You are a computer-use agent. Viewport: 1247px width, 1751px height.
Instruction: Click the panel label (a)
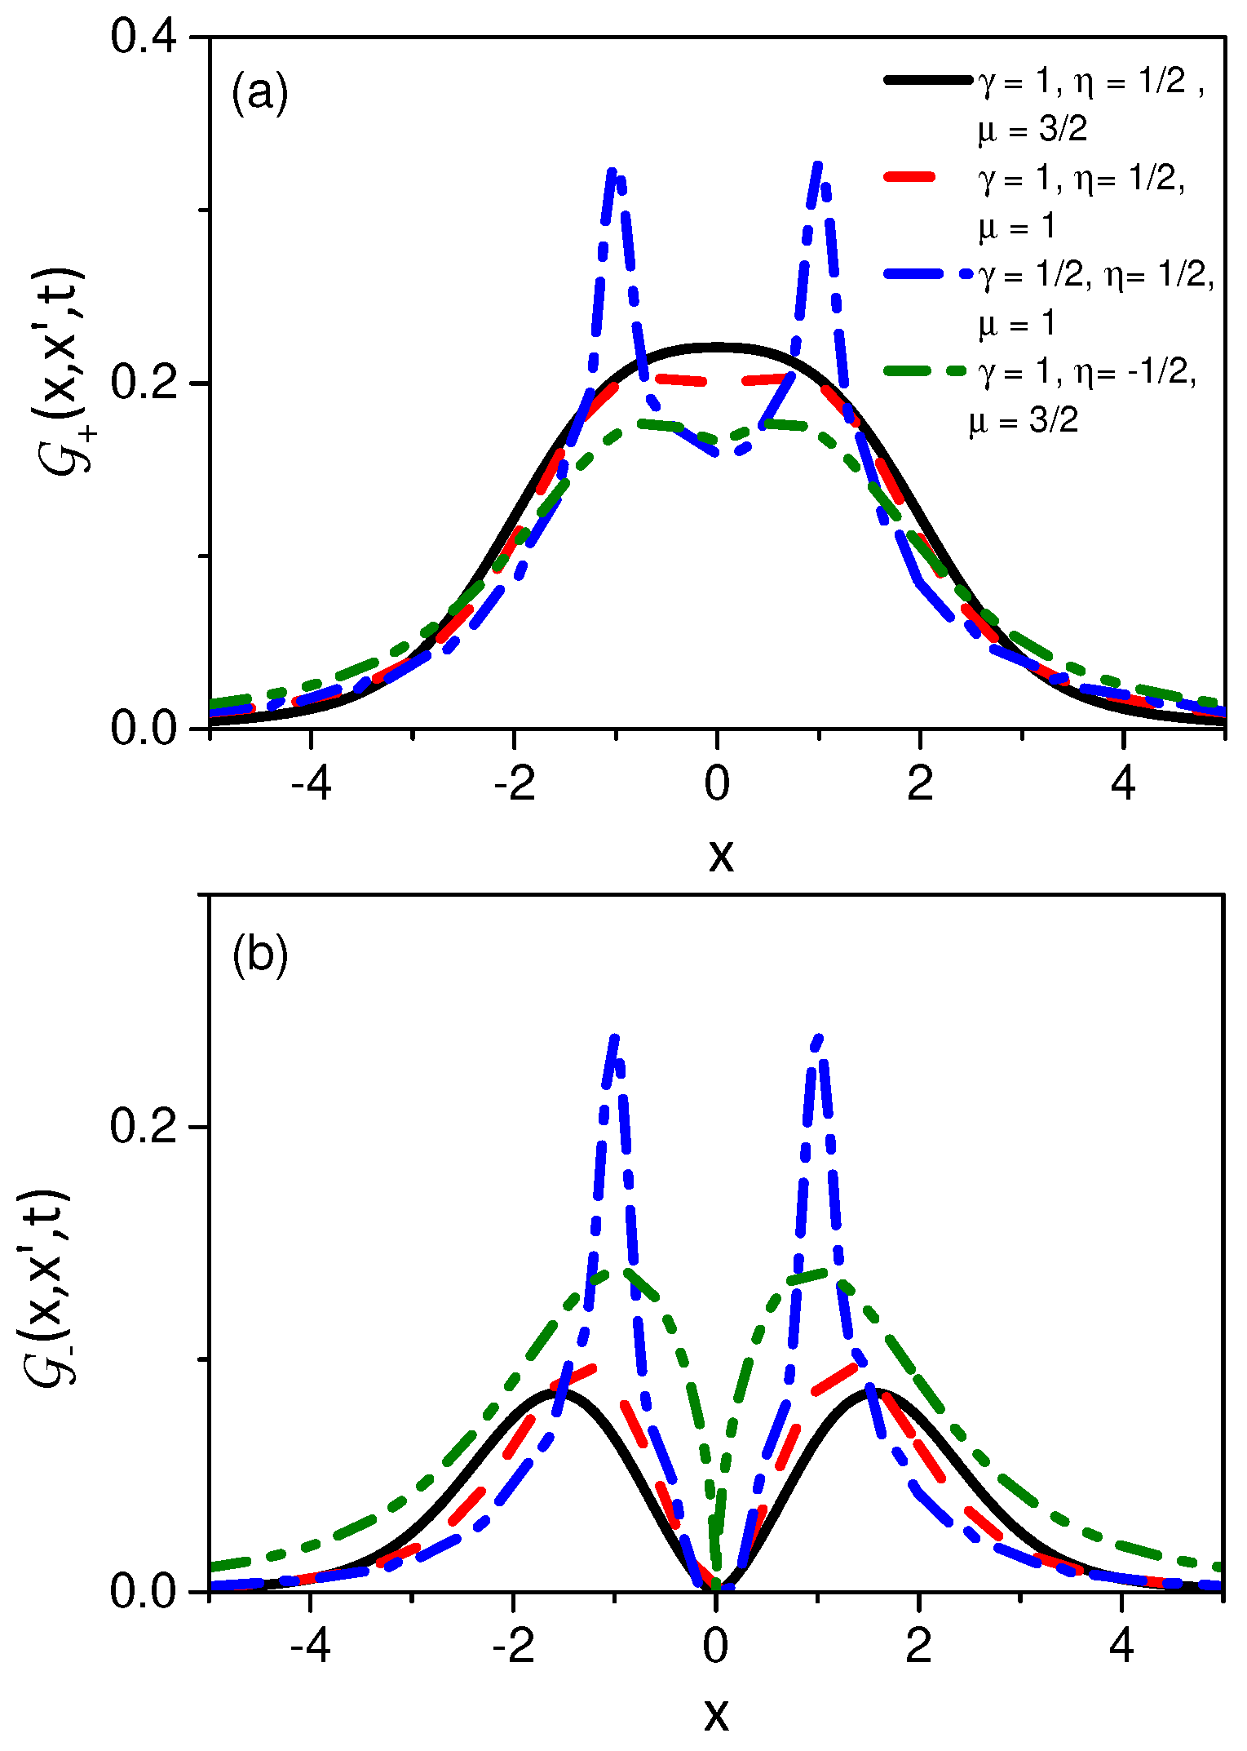(259, 93)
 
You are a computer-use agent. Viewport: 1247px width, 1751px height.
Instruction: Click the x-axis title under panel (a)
(720, 854)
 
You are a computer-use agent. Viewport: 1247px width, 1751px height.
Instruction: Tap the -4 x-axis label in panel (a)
(311, 785)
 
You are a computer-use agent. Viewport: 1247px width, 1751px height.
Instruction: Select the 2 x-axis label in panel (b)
(919, 1647)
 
